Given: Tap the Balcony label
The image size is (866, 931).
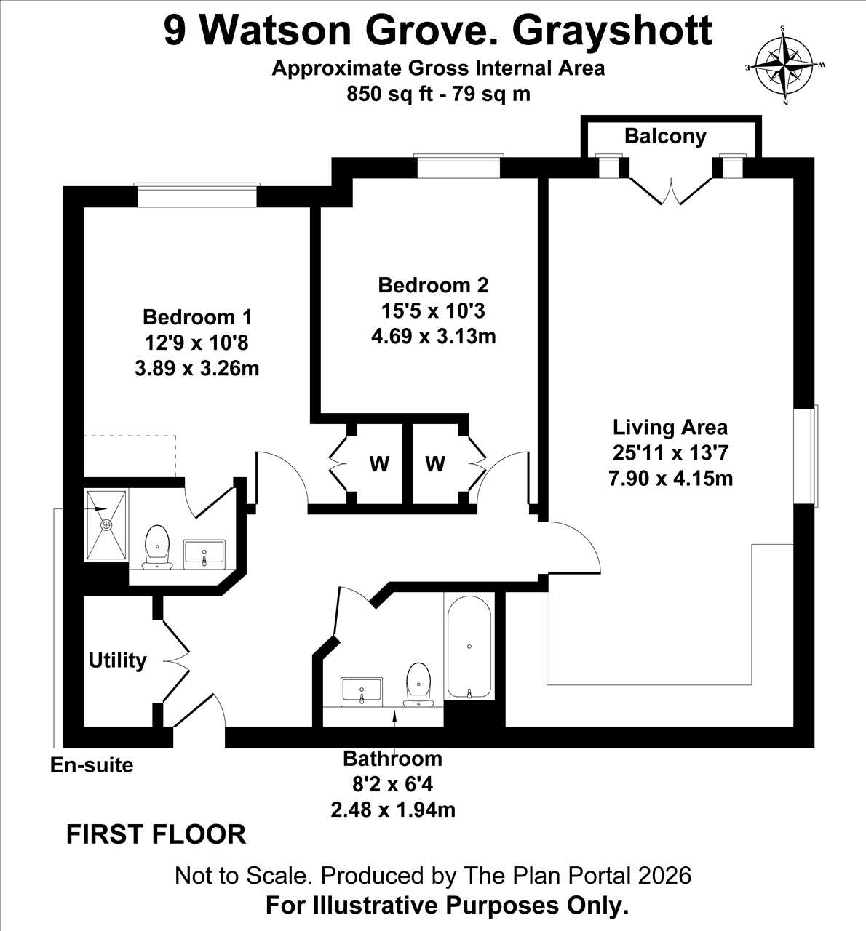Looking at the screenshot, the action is pyautogui.click(x=665, y=137).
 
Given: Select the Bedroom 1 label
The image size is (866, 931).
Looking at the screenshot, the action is pyautogui.click(x=197, y=317).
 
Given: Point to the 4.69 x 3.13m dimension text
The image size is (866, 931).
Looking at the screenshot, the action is pyautogui.click(x=434, y=336).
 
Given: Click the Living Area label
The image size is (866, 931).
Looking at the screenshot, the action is pyautogui.click(x=670, y=427).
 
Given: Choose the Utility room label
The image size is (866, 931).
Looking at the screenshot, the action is pyautogui.click(x=117, y=660).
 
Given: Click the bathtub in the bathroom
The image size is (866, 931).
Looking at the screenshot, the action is pyautogui.click(x=469, y=647).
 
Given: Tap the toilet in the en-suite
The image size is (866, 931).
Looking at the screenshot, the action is pyautogui.click(x=157, y=547).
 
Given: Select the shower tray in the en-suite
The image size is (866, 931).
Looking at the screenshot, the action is pyautogui.click(x=106, y=524).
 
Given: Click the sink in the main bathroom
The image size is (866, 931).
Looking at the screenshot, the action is pyautogui.click(x=362, y=692).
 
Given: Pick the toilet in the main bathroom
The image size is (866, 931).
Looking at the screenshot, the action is pyautogui.click(x=418, y=684).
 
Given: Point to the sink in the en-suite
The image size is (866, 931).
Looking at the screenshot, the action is pyautogui.click(x=204, y=554).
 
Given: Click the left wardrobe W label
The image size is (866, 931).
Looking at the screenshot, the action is pyautogui.click(x=379, y=464).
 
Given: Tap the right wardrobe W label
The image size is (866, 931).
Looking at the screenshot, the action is pyautogui.click(x=435, y=464).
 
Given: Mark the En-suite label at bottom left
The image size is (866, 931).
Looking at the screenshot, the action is pyautogui.click(x=92, y=765).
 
